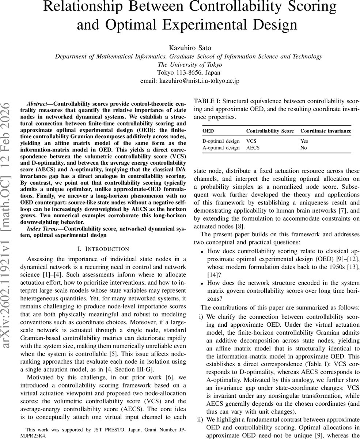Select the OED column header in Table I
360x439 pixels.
coord(208,131)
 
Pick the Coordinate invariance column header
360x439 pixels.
coord(326,131)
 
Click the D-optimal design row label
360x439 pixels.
coord(221,141)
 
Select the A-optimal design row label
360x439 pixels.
coord(221,148)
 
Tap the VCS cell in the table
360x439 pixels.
coord(251,141)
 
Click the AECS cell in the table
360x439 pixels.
coord(253,148)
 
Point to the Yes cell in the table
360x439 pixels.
coord(304,141)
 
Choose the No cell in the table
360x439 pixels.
coord(303,148)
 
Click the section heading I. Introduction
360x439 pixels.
coord(103,249)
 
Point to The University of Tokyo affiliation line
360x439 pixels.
coord(189,64)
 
